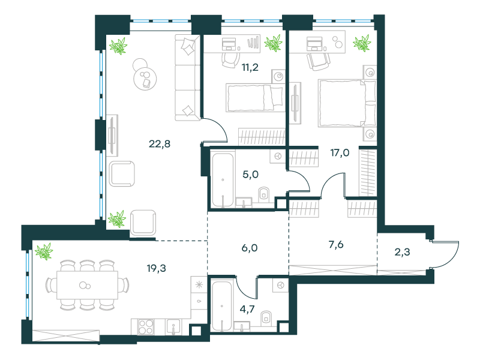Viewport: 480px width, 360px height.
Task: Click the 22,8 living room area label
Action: click(160, 143)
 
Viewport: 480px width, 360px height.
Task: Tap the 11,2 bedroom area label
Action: click(250, 67)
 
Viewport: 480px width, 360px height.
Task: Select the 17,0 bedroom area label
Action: click(340, 152)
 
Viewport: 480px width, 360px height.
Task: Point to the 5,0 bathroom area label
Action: click(250, 175)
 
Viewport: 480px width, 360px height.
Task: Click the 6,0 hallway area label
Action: click(250, 248)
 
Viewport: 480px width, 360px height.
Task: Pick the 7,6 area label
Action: click(336, 245)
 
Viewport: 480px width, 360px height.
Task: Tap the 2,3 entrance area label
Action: click(402, 252)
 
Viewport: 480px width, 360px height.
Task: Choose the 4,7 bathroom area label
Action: click(247, 309)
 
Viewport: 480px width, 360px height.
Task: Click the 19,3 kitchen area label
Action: click(157, 268)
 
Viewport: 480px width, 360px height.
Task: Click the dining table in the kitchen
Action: click(87, 285)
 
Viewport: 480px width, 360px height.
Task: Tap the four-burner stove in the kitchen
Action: click(146, 327)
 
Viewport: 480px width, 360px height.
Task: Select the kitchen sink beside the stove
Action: click(173, 327)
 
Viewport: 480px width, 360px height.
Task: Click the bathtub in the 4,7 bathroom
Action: click(221, 306)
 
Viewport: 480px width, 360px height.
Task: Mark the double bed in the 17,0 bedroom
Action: click(347, 103)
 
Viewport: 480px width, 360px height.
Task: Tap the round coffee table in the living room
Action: click(145, 78)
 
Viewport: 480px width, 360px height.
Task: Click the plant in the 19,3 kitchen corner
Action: click(44, 251)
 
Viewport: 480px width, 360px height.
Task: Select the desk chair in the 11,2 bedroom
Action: click(229, 60)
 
